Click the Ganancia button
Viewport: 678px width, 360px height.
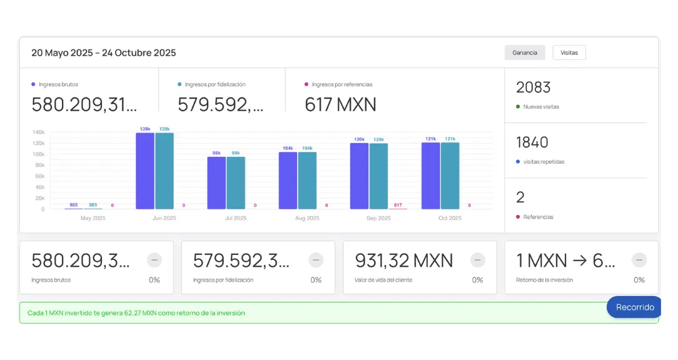point(525,52)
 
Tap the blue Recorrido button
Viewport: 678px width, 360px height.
point(635,307)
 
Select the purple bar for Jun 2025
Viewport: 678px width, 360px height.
point(145,171)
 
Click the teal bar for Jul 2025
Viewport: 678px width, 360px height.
point(236,182)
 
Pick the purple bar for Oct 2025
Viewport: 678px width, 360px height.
point(430,176)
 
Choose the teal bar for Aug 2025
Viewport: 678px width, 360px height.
point(307,180)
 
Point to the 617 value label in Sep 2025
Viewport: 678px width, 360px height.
point(398,205)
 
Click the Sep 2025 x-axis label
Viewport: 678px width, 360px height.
point(378,218)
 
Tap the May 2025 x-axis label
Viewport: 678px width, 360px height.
point(93,218)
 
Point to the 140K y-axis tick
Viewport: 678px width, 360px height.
point(38,132)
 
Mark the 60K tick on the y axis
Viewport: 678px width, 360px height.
point(39,176)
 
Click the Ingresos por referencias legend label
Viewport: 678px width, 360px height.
point(342,84)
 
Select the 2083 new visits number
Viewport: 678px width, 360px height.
point(533,87)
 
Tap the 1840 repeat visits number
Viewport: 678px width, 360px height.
point(532,142)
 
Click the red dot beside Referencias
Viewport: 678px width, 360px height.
point(518,217)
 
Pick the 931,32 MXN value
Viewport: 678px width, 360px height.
point(403,260)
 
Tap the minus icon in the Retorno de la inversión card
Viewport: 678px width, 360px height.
point(639,260)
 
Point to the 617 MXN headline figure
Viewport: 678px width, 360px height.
point(340,104)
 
